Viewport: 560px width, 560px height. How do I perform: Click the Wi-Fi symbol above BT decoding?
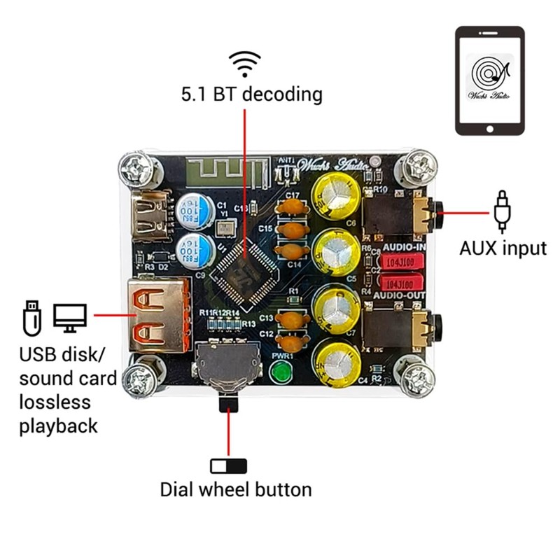(246, 64)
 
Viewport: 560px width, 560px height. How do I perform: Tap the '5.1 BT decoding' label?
(252, 94)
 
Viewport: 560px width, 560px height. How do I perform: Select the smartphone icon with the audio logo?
(490, 80)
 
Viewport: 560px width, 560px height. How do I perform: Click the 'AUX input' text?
(503, 247)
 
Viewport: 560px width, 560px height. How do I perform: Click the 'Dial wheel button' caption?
(236, 489)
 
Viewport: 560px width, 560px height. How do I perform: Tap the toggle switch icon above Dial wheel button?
(229, 465)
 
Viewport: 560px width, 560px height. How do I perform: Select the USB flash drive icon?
(32, 316)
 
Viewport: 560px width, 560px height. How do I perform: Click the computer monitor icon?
(69, 316)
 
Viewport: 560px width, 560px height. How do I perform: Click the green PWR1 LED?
(281, 372)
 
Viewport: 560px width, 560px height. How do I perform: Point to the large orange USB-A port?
(157, 314)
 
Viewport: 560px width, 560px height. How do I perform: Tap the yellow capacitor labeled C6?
(337, 194)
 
